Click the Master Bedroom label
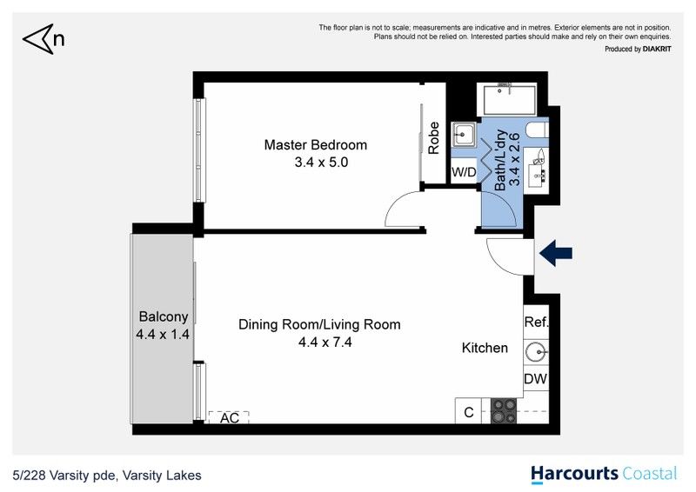316,145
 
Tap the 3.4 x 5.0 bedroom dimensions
321,163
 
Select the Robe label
433,138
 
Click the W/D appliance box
464,172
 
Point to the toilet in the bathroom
537,131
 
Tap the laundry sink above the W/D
464,134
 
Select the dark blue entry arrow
556,253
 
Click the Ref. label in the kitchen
536,322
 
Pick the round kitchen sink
537,353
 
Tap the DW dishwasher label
535,379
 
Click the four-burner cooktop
504,411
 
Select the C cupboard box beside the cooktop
469,412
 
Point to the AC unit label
230,418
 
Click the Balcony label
164,316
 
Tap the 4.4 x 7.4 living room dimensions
325,342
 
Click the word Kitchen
485,348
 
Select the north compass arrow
38,39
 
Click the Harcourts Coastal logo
605,475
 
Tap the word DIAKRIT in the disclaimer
657,50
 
